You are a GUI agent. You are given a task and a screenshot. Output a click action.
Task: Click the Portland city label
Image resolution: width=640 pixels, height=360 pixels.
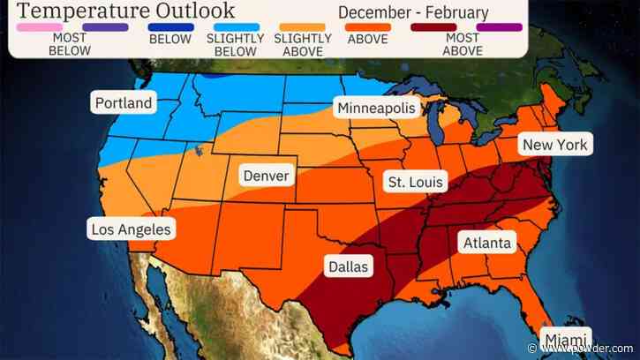(x=124, y=103)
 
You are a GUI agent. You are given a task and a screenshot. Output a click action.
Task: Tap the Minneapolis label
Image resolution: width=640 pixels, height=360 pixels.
(x=376, y=108)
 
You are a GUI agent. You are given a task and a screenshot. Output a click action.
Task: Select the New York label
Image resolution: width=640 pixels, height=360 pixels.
(x=554, y=144)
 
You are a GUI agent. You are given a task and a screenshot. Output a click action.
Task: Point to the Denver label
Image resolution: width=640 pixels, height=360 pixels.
(x=266, y=176)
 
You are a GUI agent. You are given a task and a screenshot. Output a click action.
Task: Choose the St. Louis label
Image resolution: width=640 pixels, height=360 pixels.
(x=416, y=182)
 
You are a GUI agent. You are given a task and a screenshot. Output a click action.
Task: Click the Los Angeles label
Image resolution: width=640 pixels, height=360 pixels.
(x=132, y=229)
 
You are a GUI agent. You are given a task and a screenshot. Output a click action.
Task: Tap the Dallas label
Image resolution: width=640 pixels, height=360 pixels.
(x=348, y=266)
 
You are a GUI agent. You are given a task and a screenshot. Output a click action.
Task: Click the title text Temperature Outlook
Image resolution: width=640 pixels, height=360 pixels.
(x=123, y=11)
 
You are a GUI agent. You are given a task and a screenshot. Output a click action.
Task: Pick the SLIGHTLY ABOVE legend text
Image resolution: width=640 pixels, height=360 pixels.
(x=303, y=44)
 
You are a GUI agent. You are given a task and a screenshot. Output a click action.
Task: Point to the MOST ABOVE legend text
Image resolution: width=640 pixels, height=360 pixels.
(x=463, y=44)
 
